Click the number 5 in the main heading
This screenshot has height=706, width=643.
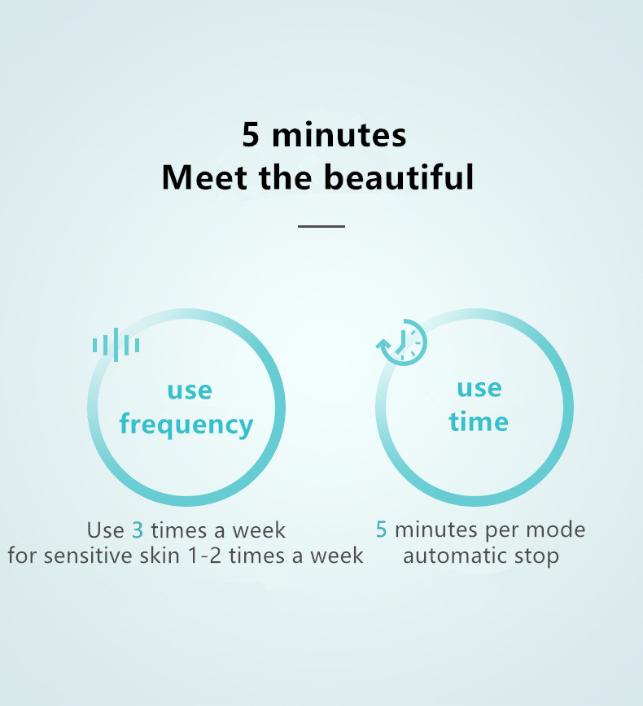pos(251,135)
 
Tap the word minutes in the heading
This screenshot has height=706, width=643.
pos(339,135)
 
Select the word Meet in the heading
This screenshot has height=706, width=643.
pos(204,177)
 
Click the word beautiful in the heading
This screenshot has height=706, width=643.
pos(399,177)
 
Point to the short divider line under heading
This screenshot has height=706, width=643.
pos(321,226)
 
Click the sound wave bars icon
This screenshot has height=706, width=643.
pos(116,345)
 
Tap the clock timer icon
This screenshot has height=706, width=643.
pos(401,342)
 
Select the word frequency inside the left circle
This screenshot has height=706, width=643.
pos(186,425)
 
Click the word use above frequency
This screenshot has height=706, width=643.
pos(190,390)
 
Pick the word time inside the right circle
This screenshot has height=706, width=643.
pos(479,422)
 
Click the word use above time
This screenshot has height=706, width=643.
pos(479,388)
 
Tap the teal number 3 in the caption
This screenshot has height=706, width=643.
pos(138,530)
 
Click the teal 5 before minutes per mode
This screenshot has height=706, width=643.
pos(381,529)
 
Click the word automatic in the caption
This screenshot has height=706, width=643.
pos(455,556)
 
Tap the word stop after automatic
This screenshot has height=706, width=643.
pos(536,557)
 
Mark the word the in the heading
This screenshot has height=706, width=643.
pos(286,177)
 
